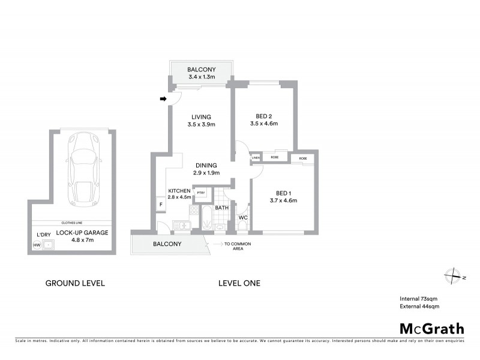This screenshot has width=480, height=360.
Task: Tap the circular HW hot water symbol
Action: click(x=37, y=245)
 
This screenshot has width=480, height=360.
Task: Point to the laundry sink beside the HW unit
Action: click(x=49, y=245)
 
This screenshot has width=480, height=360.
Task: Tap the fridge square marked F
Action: click(x=161, y=205)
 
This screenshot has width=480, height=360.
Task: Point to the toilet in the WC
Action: click(x=242, y=226)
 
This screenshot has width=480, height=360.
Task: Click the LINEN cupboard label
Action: click(x=256, y=158)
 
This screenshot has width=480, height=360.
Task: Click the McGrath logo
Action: click(x=432, y=328)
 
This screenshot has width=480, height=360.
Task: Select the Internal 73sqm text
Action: click(x=419, y=298)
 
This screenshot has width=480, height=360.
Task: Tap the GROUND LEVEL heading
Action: click(x=76, y=283)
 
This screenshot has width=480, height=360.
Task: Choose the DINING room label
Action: click(x=205, y=166)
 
